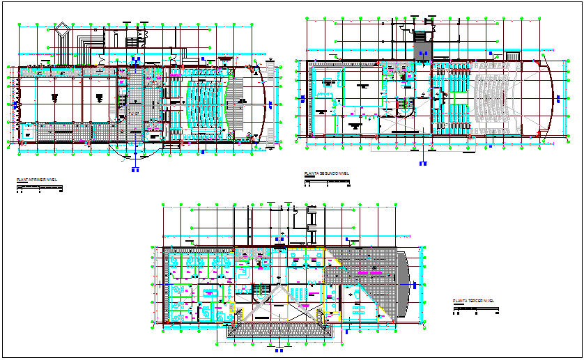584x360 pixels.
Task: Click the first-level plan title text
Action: pos(36,180)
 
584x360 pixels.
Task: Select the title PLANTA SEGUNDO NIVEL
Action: pos(326,173)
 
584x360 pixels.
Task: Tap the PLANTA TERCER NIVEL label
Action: pos(473,301)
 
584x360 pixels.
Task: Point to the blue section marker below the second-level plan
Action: pos(423,164)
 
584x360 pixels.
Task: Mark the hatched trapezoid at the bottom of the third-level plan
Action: pos(279,327)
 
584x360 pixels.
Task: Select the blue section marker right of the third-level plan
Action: pos(414,285)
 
